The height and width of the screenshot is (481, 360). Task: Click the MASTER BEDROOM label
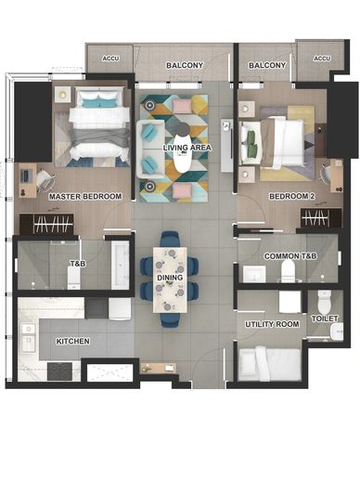click(85, 196)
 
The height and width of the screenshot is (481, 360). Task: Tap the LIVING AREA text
click(187, 148)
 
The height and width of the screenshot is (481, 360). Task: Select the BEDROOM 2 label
click(292, 196)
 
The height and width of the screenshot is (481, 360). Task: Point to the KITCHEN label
click(72, 341)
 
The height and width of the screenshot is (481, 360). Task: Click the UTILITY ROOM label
click(272, 324)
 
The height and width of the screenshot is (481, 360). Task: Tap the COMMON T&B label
click(290, 256)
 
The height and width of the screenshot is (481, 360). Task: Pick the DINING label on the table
click(170, 278)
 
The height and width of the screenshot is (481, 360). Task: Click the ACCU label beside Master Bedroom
click(110, 58)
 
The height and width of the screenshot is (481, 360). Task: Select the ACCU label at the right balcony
click(322, 58)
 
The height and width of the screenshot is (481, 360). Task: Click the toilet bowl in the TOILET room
click(325, 302)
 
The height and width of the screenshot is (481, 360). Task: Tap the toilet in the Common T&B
click(288, 270)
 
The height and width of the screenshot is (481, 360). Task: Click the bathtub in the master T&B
click(121, 265)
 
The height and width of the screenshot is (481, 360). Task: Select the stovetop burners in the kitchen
click(59, 371)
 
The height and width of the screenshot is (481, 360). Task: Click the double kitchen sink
click(28, 338)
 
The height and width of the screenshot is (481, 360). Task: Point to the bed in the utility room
click(269, 364)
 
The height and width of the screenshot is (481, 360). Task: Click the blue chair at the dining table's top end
click(170, 240)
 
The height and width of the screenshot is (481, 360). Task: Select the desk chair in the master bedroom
click(45, 180)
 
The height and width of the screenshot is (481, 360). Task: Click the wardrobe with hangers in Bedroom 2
click(321, 218)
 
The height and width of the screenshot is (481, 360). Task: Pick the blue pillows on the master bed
click(98, 103)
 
